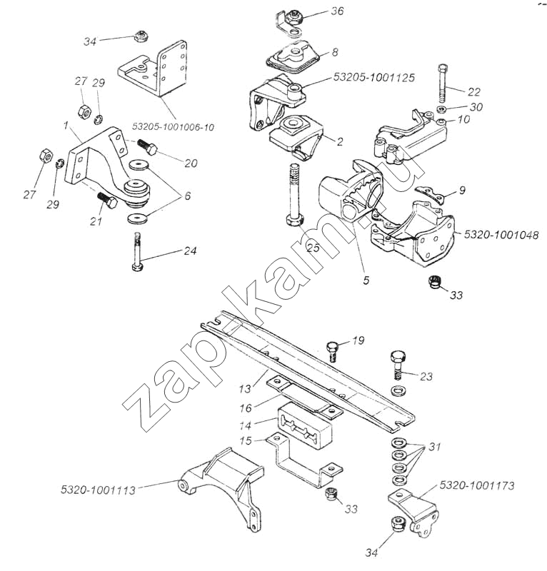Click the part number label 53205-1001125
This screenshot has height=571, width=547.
click(373, 76)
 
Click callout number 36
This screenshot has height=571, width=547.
click(337, 11)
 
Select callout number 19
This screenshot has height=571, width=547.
click(358, 340)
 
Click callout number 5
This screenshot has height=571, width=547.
click(366, 281)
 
